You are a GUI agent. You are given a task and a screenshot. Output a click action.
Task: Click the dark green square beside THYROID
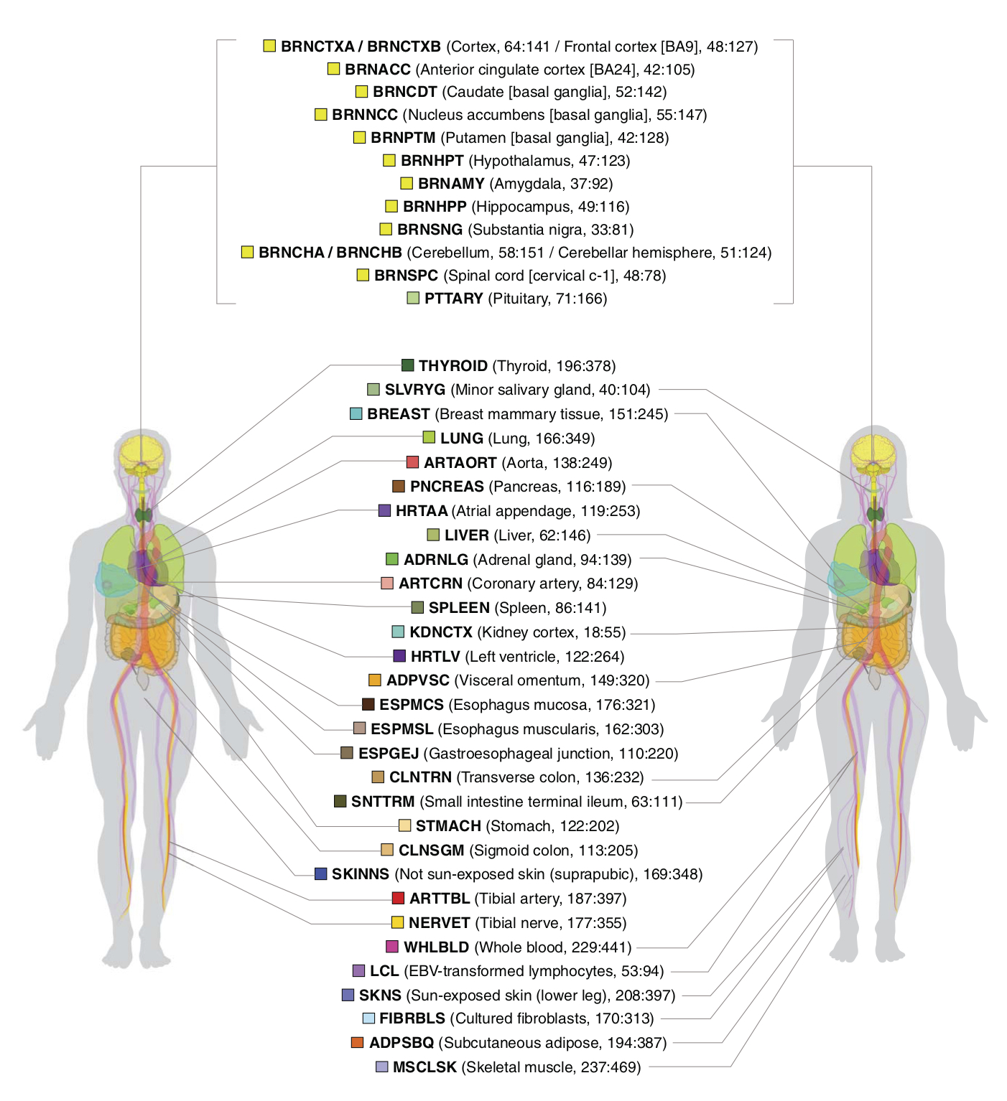(x=407, y=365)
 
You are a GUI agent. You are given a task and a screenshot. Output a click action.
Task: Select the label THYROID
(x=453, y=365)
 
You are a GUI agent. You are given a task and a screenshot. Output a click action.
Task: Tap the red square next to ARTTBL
(x=398, y=898)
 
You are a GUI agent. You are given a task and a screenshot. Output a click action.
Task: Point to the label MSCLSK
(x=424, y=1067)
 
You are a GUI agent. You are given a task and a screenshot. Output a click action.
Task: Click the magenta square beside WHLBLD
(x=391, y=946)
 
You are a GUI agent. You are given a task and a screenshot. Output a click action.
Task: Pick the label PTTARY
(x=453, y=298)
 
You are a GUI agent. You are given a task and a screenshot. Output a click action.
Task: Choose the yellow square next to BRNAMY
(x=406, y=183)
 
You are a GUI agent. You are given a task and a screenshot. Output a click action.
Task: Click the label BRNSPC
(x=406, y=275)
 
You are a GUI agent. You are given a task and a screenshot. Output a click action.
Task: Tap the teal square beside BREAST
(x=356, y=413)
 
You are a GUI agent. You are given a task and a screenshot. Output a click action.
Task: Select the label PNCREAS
(x=447, y=487)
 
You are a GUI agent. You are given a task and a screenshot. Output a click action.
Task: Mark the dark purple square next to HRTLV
(x=399, y=656)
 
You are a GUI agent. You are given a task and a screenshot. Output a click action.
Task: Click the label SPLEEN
(x=459, y=608)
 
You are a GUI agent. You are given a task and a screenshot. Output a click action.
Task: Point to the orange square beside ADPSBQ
(x=357, y=1042)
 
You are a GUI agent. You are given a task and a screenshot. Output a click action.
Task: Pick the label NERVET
(x=439, y=922)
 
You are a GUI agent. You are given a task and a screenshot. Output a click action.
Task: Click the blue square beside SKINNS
(x=320, y=873)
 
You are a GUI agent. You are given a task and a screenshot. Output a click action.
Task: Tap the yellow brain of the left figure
(x=141, y=452)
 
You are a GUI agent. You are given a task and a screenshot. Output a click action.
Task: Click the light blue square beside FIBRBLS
(x=368, y=1018)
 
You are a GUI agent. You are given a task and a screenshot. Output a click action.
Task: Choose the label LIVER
(x=466, y=535)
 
